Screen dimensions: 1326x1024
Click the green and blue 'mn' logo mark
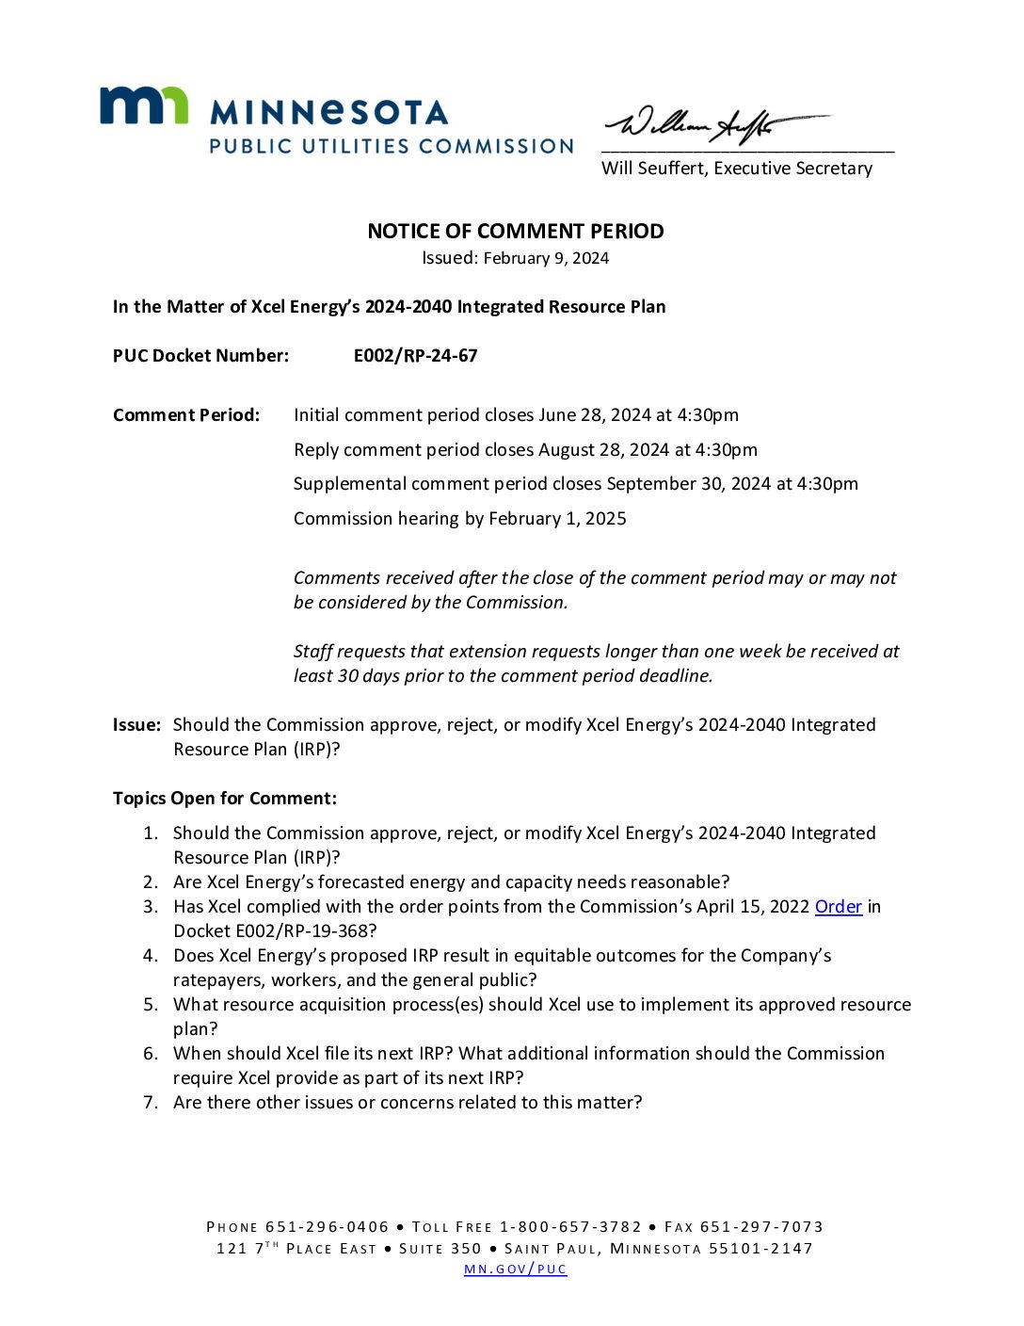coord(144,105)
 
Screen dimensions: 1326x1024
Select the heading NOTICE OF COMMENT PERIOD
coord(515,232)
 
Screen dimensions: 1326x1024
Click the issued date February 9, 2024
coord(546,258)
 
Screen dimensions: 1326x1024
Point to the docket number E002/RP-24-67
coord(415,356)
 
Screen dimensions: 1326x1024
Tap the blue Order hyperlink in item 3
coord(838,907)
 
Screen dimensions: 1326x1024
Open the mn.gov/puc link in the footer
coord(515,1269)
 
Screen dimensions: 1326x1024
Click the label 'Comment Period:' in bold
coord(186,415)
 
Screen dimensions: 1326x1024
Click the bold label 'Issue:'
coord(136,725)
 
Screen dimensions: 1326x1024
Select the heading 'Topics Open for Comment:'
coord(224,799)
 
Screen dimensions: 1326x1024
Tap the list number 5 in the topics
coord(151,1005)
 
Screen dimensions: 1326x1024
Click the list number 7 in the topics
coord(151,1103)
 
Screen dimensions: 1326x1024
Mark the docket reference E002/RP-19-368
coord(275,931)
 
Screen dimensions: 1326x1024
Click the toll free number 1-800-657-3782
coord(570,1227)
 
